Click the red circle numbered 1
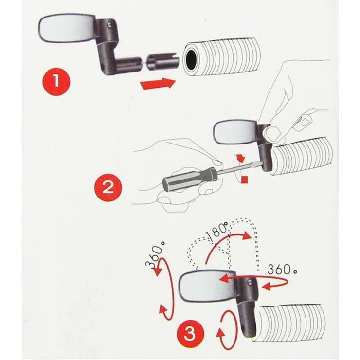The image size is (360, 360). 56,81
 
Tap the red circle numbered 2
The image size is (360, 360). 108,188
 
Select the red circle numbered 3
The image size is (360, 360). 190,334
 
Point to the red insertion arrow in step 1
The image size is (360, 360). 159,84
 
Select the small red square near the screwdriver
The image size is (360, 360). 245,180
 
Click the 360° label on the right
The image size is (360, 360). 282,269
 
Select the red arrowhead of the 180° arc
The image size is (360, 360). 246,235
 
